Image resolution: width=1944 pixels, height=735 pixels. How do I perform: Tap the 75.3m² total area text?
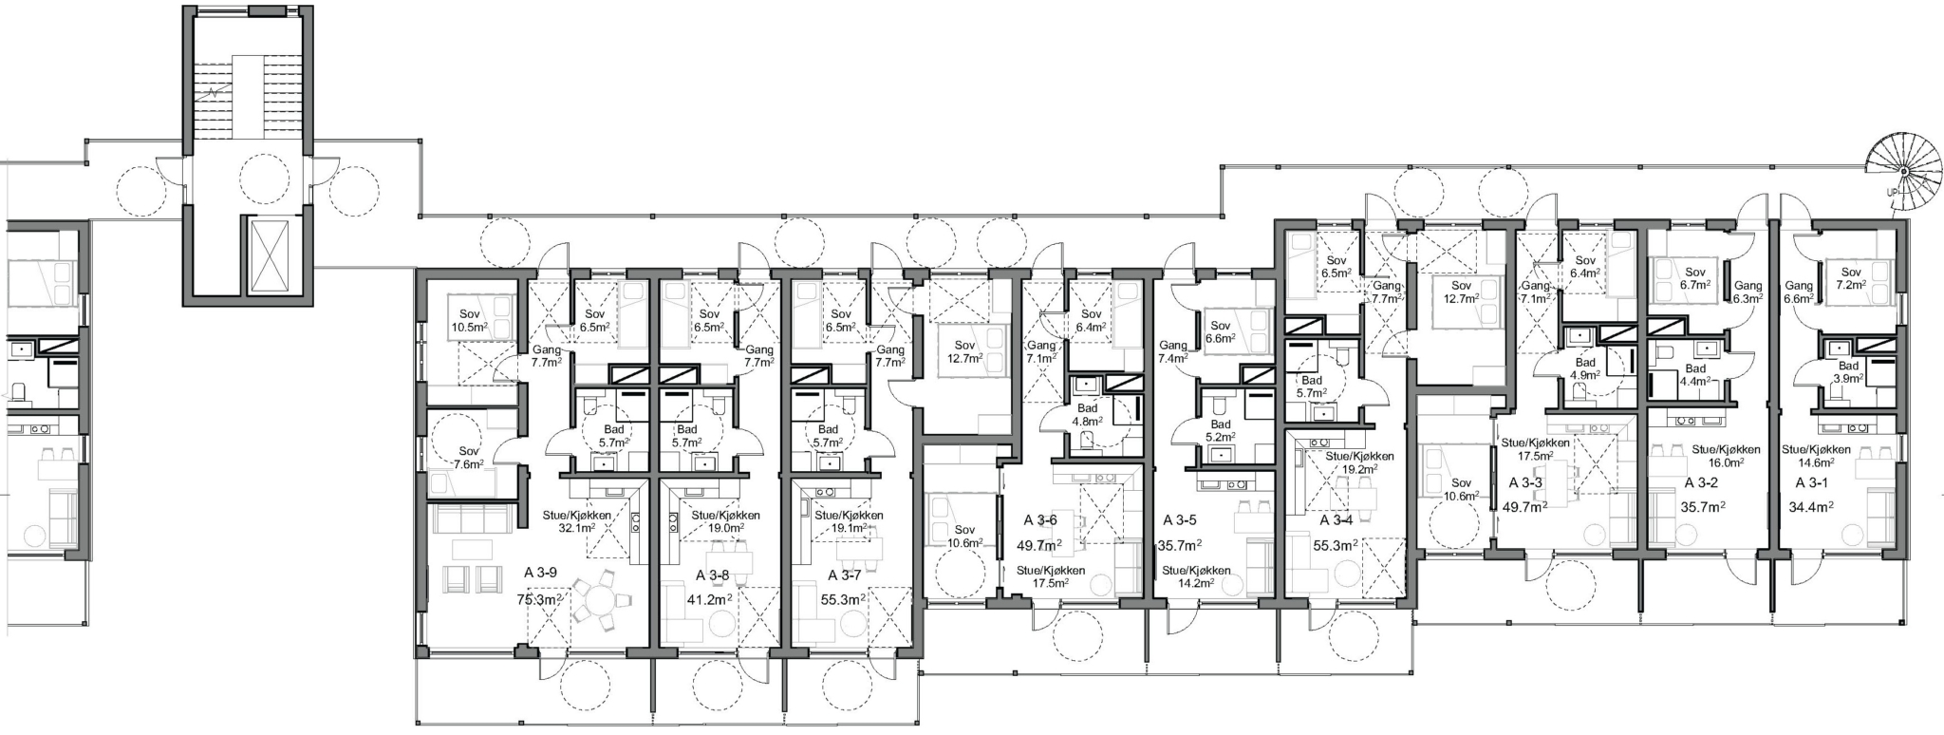tap(539, 600)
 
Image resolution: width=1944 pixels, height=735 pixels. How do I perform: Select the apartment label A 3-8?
tap(712, 575)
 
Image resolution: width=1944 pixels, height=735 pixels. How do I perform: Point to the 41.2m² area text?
tap(708, 600)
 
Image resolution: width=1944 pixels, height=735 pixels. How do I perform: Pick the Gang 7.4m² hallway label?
tap(1174, 352)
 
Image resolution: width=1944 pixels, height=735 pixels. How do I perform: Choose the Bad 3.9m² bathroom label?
tap(1848, 372)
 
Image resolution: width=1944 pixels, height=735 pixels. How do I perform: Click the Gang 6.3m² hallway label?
tap(1748, 292)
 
